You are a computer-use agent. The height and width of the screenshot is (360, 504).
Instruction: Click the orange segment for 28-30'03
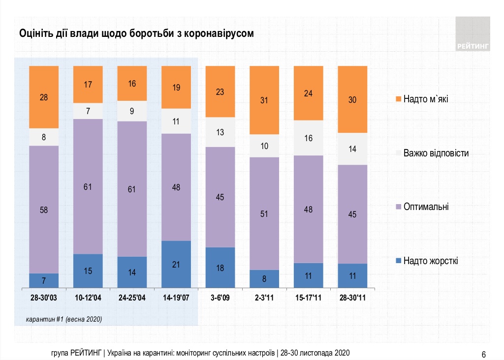click(44, 97)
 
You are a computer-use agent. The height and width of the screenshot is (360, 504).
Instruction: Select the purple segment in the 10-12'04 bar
click(88, 186)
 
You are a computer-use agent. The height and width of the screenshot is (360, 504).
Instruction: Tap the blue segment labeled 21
click(176, 264)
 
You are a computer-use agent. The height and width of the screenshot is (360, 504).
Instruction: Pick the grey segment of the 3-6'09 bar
click(220, 132)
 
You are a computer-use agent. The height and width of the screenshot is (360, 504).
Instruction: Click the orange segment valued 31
click(264, 100)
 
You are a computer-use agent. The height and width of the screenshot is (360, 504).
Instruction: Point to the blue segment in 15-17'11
click(308, 275)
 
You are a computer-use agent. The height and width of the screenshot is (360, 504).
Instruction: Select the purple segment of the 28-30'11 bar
click(352, 214)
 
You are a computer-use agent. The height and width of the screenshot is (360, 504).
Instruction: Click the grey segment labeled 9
click(132, 111)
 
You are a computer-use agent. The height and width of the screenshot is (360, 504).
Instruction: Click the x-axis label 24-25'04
click(132, 298)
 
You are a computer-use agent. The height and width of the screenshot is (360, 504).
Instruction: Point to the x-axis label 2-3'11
click(264, 298)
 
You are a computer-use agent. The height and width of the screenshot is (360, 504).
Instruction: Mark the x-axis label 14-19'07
click(176, 298)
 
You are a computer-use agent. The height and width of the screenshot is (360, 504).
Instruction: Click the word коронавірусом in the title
click(221, 33)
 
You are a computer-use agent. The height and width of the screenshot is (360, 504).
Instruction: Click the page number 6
click(484, 354)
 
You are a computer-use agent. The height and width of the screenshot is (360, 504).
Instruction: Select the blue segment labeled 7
click(44, 280)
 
